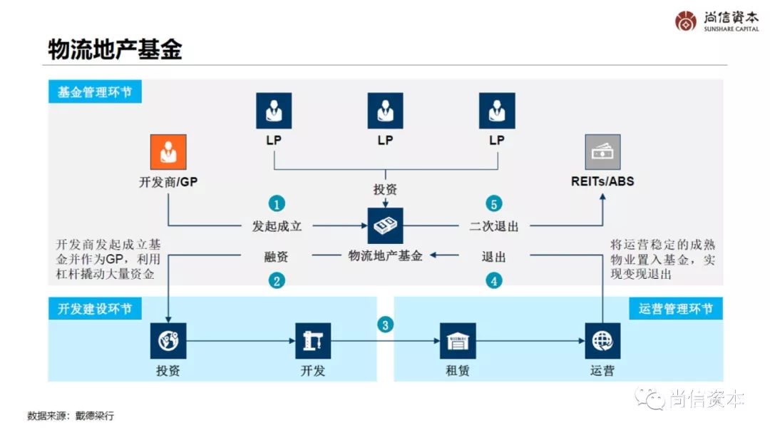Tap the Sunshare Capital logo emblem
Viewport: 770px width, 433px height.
point(685,21)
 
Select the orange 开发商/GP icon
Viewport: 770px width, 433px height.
point(168,152)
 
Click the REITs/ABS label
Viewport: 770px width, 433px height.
point(602,181)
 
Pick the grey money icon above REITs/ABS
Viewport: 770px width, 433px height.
point(602,152)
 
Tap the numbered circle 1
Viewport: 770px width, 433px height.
point(277,203)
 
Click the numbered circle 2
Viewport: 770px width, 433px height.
point(277,280)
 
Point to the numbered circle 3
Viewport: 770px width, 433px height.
point(385,325)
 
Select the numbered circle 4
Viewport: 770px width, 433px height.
point(494,280)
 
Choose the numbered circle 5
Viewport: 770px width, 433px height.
point(494,203)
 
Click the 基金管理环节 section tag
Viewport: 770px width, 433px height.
point(95,92)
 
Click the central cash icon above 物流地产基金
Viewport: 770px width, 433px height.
point(385,226)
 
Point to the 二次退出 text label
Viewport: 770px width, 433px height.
point(494,227)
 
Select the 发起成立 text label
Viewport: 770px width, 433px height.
point(277,227)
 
